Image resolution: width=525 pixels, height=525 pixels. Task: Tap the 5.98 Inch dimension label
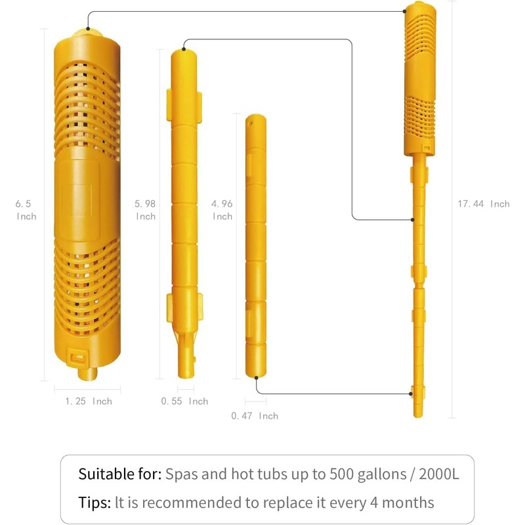tap(146, 210)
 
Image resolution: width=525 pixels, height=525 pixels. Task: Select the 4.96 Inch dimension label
tap(222, 210)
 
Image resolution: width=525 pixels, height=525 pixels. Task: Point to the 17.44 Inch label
tap(483, 204)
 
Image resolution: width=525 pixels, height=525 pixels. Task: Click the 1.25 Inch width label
tap(89, 401)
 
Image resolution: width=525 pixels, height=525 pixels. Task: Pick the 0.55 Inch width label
tap(184, 401)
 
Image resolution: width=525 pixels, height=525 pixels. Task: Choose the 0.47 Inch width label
tap(255, 415)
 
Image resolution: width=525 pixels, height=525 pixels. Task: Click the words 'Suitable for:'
tap(119, 474)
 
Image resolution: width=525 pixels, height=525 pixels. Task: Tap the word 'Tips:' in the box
tap(94, 503)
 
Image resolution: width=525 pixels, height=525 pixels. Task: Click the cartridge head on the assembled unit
tap(418, 72)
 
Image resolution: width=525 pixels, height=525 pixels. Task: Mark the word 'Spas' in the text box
tap(180, 474)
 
